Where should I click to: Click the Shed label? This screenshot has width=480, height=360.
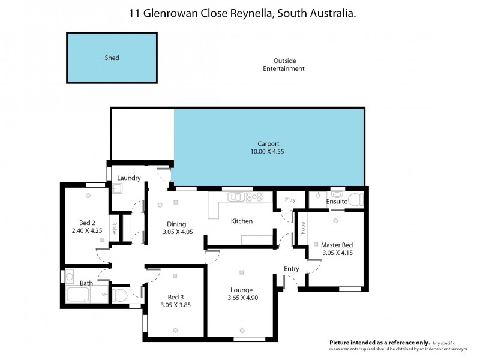click(112, 58)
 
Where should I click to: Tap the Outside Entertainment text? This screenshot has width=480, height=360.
click(284, 65)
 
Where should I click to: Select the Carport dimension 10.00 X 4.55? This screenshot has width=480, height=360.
click(268, 152)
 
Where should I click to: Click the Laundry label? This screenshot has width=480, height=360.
click(129, 178)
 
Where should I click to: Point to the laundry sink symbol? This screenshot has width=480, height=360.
click(117, 189)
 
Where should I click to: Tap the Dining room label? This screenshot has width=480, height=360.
click(176, 224)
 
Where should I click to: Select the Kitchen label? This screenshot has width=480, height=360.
click(242, 221)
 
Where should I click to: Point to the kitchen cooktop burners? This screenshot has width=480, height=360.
click(254, 196)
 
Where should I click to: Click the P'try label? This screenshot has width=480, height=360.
click(290, 200)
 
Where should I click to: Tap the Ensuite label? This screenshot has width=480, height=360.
click(337, 202)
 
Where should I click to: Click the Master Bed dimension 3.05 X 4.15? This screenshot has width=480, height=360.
click(337, 253)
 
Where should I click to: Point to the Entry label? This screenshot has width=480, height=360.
click(292, 269)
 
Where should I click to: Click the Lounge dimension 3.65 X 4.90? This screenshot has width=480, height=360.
click(242, 298)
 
